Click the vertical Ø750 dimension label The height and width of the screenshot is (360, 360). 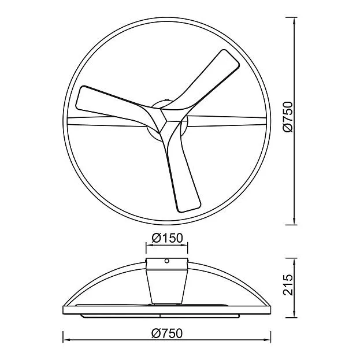point(288,117)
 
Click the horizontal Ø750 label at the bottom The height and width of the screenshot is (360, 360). point(167,333)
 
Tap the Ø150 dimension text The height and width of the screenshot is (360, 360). point(167,238)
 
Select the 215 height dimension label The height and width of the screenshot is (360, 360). point(288,284)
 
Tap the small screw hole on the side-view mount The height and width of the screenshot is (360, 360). point(167,261)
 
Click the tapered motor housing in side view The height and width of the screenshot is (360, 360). point(167,287)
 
